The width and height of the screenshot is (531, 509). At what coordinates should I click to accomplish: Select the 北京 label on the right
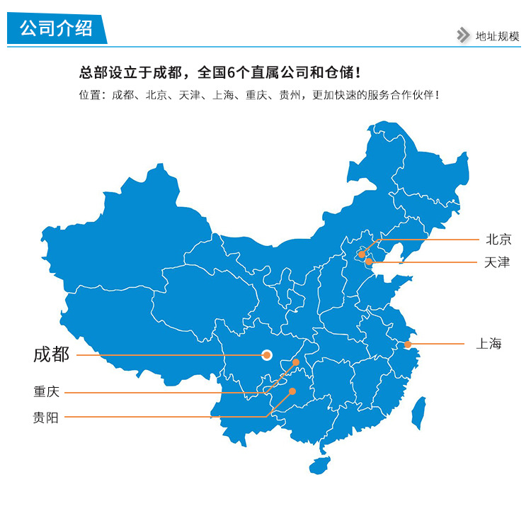498,240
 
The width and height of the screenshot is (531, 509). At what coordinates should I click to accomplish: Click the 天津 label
497,262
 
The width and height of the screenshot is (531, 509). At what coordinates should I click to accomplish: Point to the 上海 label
489,344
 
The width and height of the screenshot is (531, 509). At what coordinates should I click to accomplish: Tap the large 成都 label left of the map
52,354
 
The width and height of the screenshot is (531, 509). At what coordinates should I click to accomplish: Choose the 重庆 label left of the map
46,392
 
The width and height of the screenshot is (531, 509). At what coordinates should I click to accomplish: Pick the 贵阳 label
46,418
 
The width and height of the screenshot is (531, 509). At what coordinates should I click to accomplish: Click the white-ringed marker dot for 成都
267,354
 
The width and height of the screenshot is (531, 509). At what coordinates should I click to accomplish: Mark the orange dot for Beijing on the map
362,254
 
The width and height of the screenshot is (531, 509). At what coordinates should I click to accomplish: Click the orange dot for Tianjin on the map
369,262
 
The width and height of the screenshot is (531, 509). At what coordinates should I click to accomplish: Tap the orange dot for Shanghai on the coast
408,345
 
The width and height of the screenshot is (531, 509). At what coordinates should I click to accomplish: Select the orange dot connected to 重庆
296,362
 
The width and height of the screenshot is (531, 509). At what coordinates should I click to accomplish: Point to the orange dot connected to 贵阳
292,390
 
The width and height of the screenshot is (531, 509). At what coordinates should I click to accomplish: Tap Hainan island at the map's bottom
320,465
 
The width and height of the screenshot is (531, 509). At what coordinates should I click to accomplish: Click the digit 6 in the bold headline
231,72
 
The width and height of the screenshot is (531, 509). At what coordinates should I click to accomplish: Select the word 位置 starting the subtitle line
88,95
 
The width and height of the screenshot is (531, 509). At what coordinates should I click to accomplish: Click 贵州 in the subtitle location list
289,95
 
